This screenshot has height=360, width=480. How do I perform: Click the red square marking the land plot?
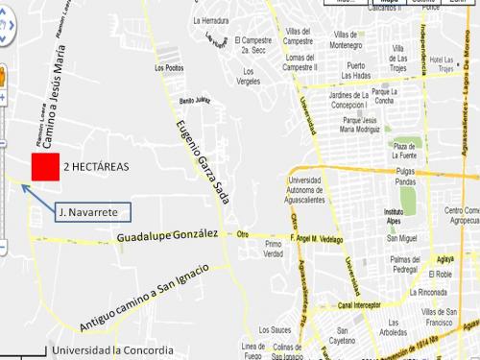43,166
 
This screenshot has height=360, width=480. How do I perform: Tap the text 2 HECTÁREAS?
95,166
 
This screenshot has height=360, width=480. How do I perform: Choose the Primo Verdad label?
274,250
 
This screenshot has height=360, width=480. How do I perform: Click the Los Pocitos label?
169,70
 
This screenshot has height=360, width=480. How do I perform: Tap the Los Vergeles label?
251,77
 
